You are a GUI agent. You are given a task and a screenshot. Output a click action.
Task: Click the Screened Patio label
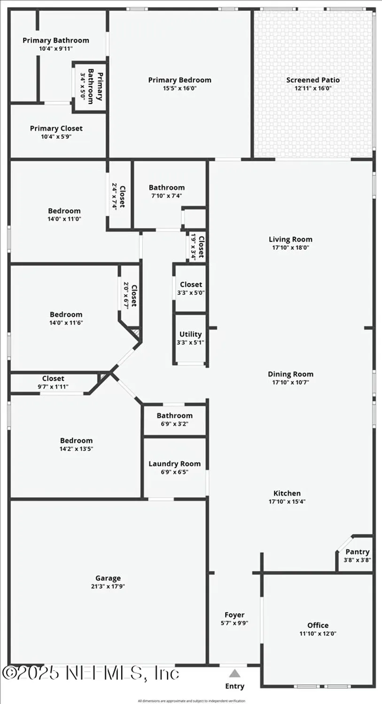(313, 80)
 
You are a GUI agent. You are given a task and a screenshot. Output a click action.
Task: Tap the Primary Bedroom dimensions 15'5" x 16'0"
(179, 88)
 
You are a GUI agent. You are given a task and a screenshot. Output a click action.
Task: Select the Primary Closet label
(56, 128)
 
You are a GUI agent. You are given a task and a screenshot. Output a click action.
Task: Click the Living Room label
(290, 239)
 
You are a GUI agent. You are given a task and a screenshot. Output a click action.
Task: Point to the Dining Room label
(290, 374)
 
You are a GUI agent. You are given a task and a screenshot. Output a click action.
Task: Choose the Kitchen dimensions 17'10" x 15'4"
(287, 501)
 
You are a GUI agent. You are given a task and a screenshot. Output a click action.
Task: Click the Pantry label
(357, 552)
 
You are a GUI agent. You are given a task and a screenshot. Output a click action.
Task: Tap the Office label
(318, 625)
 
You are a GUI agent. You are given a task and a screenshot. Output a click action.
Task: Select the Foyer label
(234, 615)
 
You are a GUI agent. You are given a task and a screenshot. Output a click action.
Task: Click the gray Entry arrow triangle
(235, 673)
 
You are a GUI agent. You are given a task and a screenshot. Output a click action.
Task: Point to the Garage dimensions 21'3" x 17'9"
(109, 586)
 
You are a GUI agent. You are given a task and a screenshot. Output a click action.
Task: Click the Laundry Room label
(174, 464)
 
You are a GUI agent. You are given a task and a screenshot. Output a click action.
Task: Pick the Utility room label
(190, 334)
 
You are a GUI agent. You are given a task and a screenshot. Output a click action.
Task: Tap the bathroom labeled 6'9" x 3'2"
(174, 416)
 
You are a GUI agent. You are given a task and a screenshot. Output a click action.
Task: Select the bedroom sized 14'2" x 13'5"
(76, 441)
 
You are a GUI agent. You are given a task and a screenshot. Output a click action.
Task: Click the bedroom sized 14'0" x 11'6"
(66, 315)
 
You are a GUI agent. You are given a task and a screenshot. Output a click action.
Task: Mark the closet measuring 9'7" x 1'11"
(53, 379)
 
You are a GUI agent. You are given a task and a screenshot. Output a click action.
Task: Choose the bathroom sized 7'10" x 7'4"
(167, 188)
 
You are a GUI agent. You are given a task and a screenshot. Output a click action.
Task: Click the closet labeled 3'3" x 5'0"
(191, 284)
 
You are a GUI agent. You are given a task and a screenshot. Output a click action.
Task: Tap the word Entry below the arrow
(235, 686)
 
